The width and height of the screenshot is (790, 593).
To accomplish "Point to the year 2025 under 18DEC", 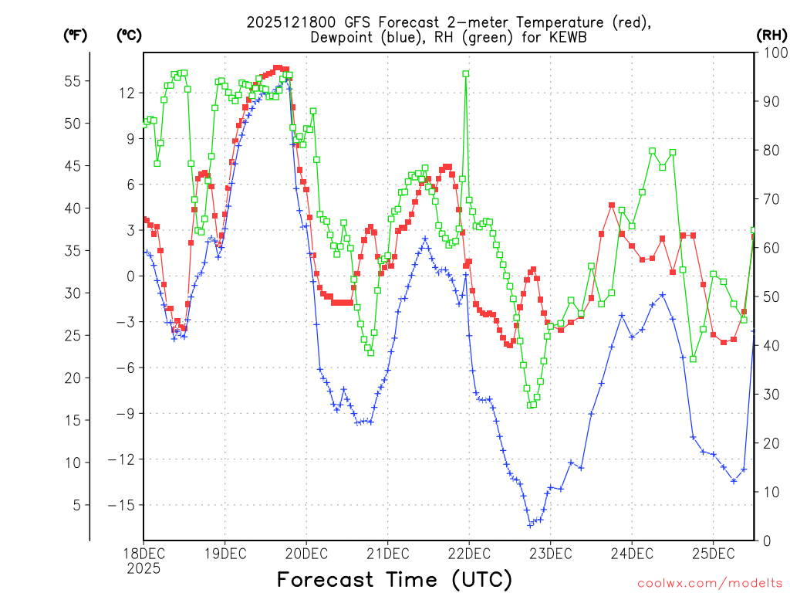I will [143, 568].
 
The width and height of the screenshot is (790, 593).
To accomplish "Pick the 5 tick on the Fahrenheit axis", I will [76, 505].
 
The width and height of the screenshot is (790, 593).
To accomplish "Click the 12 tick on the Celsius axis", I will [127, 93].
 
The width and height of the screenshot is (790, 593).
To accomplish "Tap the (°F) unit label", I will [75, 35].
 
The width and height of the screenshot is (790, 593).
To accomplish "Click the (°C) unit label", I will [129, 35].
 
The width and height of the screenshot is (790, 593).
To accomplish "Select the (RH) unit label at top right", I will [771, 35].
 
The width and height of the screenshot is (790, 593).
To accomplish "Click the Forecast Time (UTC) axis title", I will [394, 579].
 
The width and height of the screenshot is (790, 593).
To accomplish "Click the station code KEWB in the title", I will [556, 37].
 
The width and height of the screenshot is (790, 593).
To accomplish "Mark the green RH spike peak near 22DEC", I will [466, 73].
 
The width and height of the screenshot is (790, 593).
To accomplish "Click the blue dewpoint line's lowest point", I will [531, 524].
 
